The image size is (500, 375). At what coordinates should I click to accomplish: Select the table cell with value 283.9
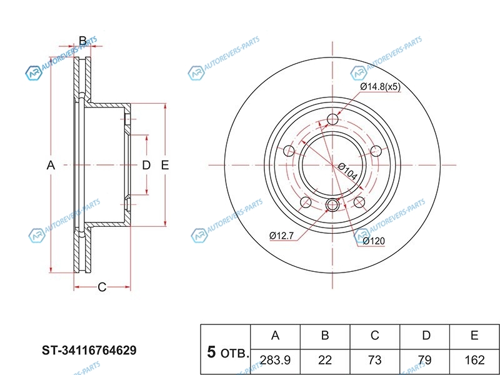click(275, 359)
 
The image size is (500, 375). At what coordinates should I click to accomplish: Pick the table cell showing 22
click(325, 359)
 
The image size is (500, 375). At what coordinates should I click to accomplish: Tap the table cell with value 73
click(375, 359)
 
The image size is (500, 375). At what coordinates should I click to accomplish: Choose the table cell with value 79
click(426, 359)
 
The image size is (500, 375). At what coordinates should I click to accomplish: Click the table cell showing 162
click(475, 359)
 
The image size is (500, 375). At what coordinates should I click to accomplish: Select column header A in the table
click(275, 336)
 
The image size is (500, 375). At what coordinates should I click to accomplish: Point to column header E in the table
click(475, 336)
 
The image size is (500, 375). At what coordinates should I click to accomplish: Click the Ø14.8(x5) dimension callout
click(380, 87)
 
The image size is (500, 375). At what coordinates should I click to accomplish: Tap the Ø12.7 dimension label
click(282, 235)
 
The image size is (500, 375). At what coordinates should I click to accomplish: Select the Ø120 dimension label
click(373, 241)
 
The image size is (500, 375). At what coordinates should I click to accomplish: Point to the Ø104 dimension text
click(347, 172)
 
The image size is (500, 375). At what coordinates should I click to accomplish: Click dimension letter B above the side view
click(82, 41)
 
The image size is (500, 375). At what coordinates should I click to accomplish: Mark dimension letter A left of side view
click(51, 165)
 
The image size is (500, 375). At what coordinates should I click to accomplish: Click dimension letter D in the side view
click(146, 165)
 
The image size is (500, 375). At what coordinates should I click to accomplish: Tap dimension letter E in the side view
click(165, 165)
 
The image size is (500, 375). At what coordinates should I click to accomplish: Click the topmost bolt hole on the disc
click(332, 119)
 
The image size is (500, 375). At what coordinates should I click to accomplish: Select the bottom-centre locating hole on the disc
click(332, 204)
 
